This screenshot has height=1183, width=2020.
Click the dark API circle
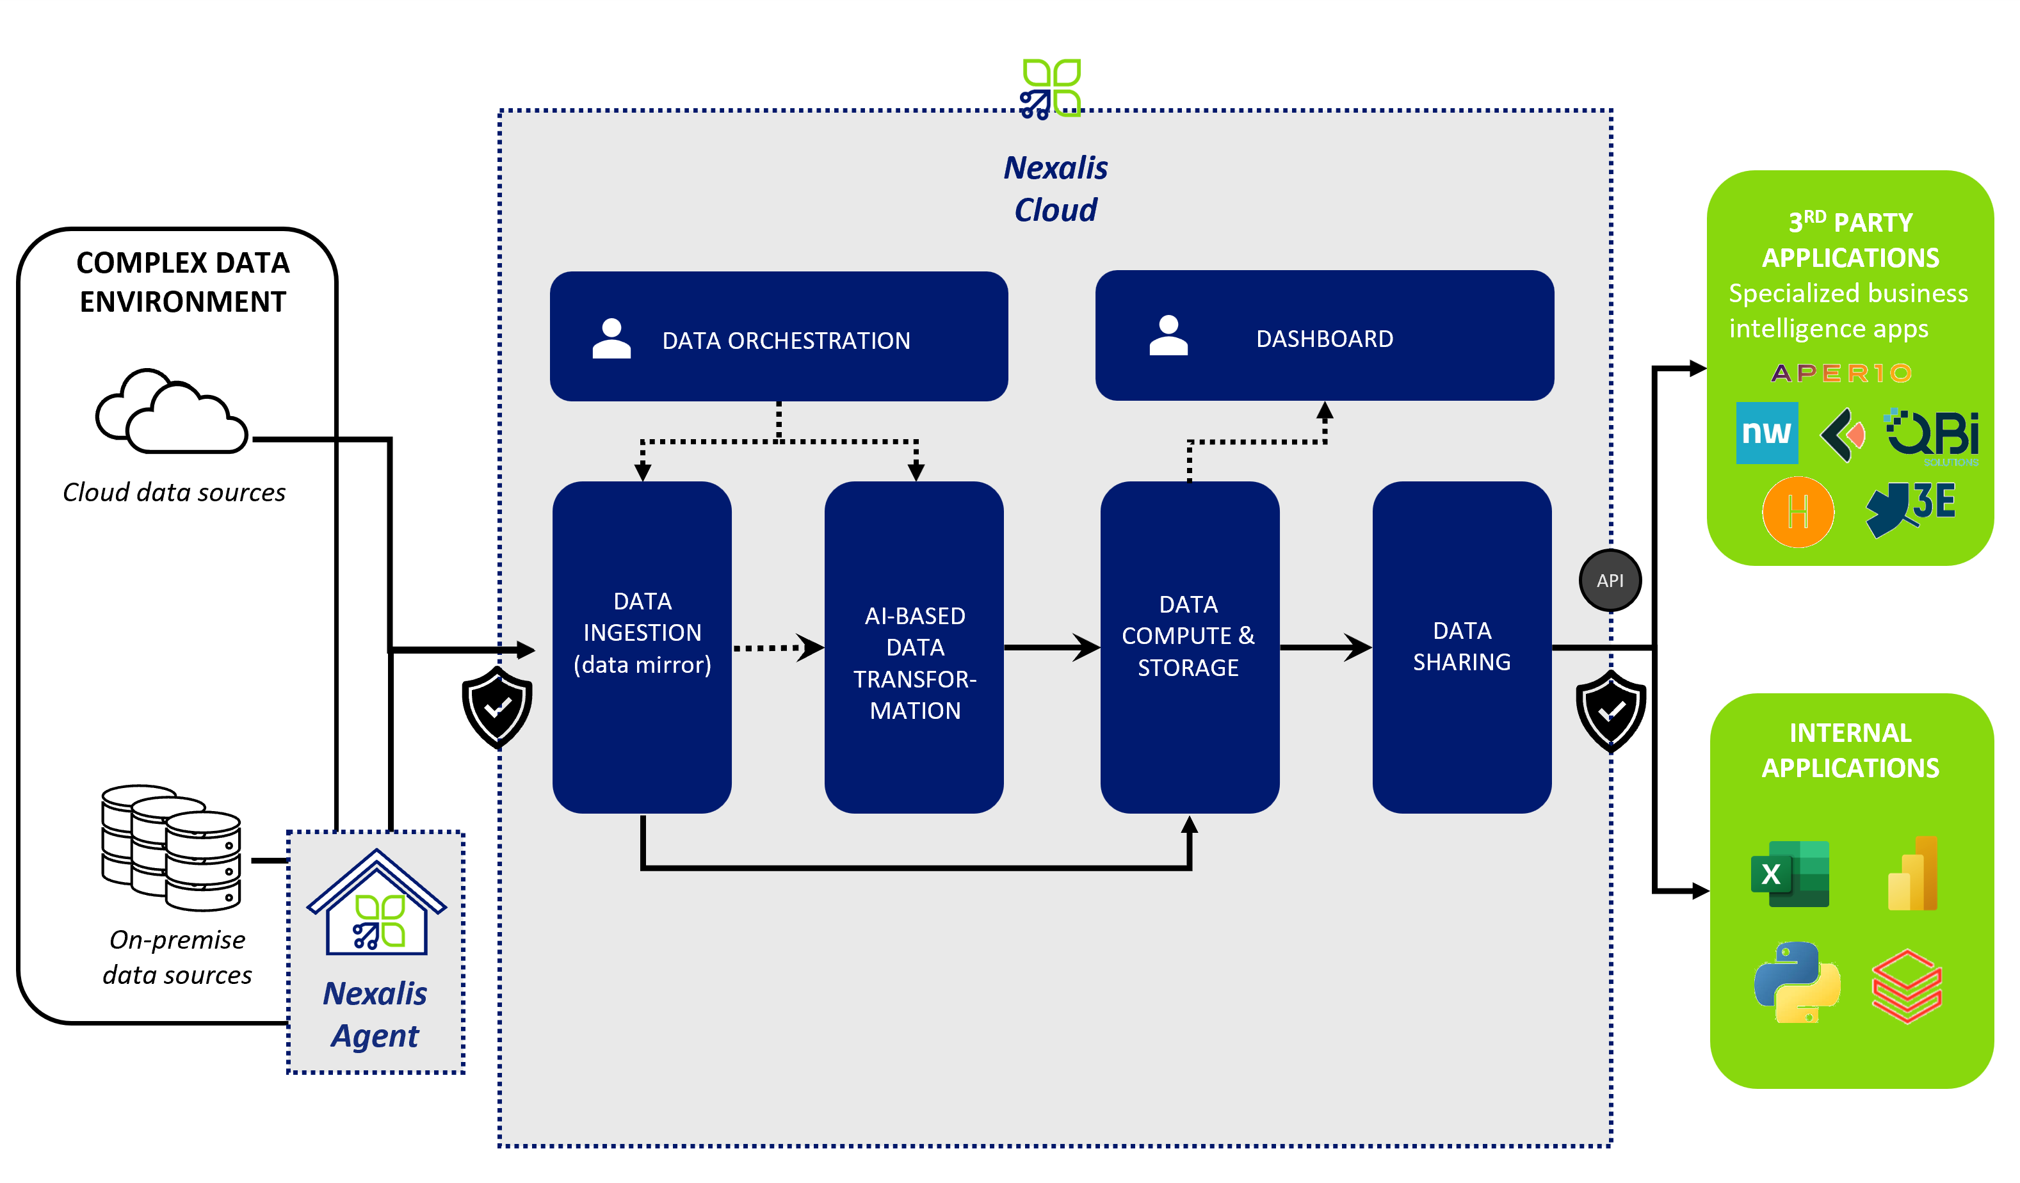pos(1610,580)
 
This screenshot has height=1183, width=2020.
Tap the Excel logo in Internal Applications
pos(1789,874)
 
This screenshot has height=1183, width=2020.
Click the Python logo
pos(1797,982)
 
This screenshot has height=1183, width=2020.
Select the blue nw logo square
pos(1766,433)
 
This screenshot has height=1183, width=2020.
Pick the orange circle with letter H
pos(1797,511)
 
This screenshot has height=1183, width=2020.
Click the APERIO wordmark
pos(1841,373)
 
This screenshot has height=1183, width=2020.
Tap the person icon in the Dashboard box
pos(1168,336)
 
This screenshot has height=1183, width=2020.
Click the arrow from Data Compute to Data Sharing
pos(1325,647)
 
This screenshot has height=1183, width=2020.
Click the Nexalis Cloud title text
pos(1055,189)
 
